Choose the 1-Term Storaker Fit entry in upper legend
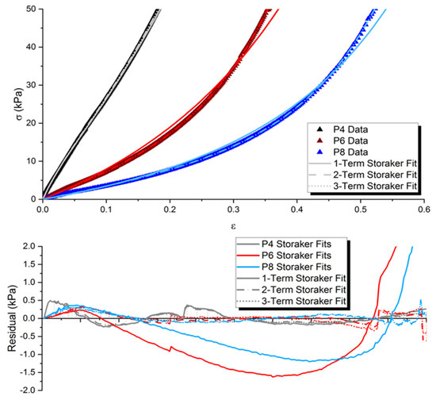(x=368, y=164)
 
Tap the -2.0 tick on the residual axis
(x=29, y=391)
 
